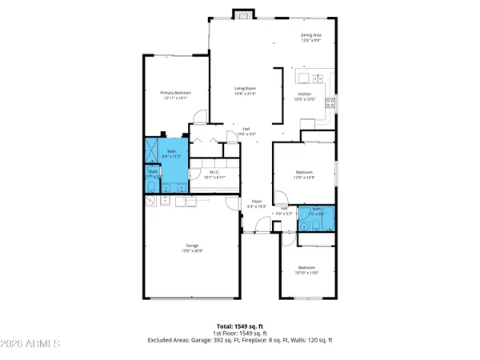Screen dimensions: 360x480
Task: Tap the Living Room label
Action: (244, 90)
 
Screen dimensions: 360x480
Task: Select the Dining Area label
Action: (310, 38)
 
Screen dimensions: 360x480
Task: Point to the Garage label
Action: (193, 248)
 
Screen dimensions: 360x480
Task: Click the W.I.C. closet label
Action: (214, 174)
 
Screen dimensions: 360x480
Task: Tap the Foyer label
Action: (257, 203)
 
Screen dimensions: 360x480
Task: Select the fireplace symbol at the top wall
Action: (242, 14)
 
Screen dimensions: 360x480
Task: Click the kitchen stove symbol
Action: (330, 102)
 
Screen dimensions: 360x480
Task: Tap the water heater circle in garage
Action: (150, 202)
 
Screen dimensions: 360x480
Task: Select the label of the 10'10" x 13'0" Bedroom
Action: (307, 270)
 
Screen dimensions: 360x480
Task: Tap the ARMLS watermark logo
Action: (32, 344)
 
